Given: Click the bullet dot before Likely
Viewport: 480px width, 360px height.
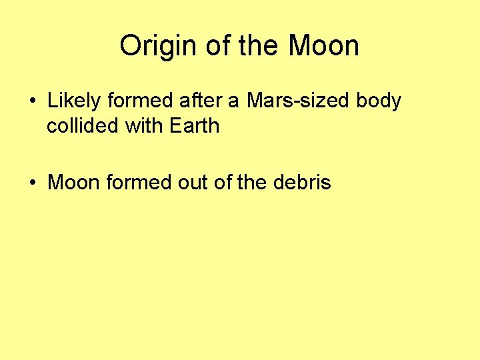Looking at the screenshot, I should pyautogui.click(x=33, y=102).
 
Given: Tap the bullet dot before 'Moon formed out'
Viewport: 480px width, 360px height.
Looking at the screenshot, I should pyautogui.click(x=33, y=183).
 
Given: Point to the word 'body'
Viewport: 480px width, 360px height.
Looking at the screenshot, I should pyautogui.click(x=379, y=101).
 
